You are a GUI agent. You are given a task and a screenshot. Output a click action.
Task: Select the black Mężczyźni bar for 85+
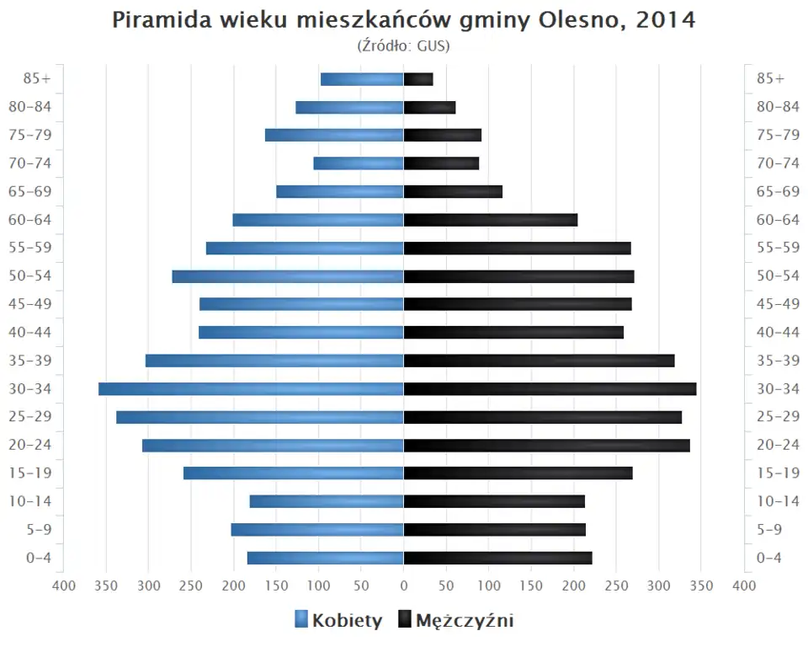pos(418,79)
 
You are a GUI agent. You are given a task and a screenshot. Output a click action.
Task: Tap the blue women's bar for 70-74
pos(359,163)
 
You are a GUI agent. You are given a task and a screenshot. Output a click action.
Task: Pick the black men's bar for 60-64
pos(491,220)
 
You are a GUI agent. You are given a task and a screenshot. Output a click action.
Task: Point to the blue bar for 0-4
pos(326,558)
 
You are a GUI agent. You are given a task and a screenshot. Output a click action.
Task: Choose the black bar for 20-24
pos(547,445)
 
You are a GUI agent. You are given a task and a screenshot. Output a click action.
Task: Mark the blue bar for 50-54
pos(288,276)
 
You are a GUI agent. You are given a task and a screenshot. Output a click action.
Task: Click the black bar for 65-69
pos(453,191)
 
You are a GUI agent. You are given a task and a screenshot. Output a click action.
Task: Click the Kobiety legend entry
pos(338,621)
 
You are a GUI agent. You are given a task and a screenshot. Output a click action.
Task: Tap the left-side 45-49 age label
pos(30,304)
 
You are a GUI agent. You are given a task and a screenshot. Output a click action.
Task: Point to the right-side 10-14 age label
pos(778,501)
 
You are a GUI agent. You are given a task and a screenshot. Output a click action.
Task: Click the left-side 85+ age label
pos(38,78)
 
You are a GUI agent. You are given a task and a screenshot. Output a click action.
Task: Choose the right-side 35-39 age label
pos(778,361)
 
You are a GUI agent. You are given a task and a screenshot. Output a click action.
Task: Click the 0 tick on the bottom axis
pos(404,586)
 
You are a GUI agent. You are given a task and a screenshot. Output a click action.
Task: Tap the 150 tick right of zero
pos(531,586)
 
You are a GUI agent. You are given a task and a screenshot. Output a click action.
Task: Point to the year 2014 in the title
pos(666,20)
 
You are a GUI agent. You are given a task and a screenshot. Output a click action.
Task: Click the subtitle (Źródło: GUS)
pos(404,45)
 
